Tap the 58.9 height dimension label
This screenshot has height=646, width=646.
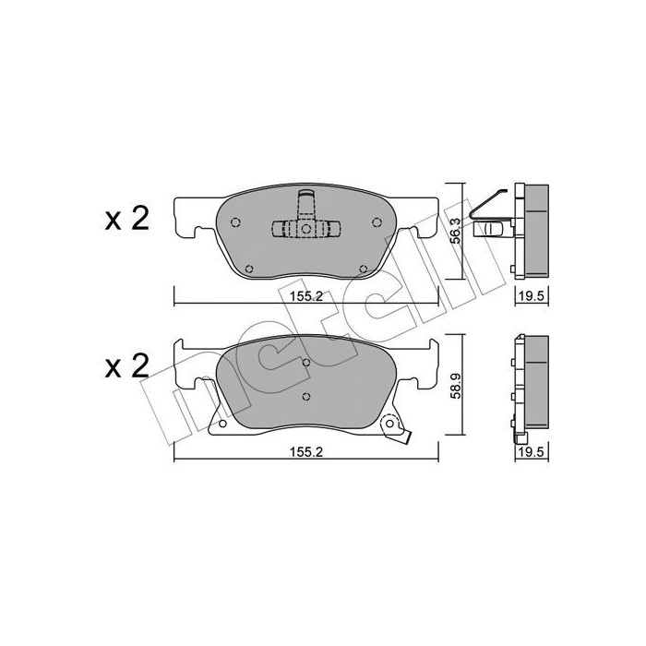tap(456, 386)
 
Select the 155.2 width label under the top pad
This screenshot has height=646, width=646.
tap(305, 296)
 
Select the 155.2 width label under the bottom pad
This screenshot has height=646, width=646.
tap(305, 451)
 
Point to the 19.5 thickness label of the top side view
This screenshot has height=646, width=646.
tap(532, 296)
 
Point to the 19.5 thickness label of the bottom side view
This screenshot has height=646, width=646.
tap(532, 451)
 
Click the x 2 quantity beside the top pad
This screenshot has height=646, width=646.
tap(127, 220)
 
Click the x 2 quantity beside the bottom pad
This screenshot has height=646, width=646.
tap(127, 366)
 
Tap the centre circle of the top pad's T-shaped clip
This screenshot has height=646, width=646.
tap(305, 229)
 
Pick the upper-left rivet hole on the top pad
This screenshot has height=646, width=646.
tap(235, 222)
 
